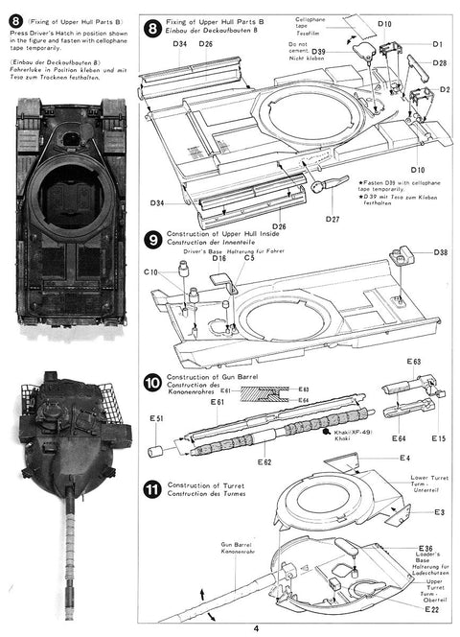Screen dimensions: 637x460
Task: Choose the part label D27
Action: [332, 220]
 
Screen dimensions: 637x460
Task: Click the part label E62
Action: [239, 463]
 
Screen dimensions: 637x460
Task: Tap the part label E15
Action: [438, 438]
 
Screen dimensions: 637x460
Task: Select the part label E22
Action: [431, 610]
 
